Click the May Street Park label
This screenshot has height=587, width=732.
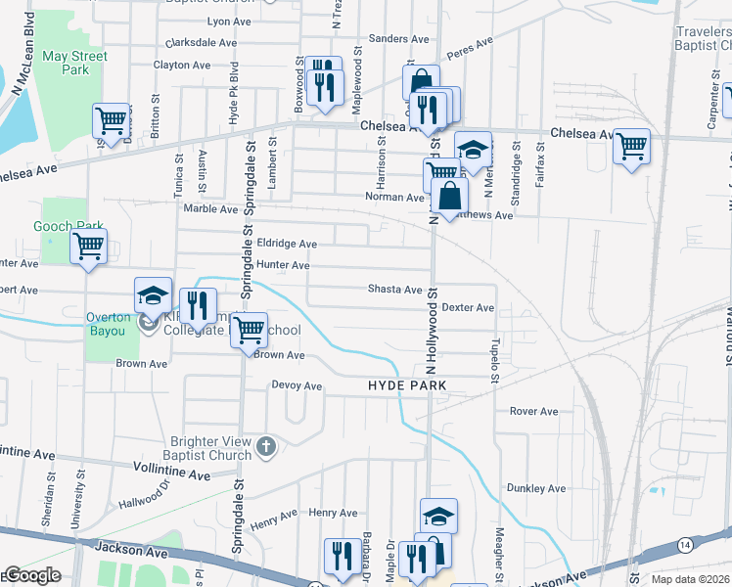point(74,64)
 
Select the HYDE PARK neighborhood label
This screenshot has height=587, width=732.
point(407,386)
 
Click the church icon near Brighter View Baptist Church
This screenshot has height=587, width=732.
point(265,448)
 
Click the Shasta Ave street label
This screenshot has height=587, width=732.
point(394,290)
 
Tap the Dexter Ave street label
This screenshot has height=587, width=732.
point(468,307)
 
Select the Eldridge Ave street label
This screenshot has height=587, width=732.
point(287,244)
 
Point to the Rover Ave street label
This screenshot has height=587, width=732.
point(533,411)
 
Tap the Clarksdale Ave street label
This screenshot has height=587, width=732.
point(202,43)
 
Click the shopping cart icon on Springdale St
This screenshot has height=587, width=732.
point(249,329)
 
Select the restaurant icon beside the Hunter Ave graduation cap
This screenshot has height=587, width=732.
point(198,304)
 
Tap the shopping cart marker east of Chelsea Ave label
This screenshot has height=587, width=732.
point(631,147)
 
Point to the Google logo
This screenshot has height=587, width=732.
point(31,575)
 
